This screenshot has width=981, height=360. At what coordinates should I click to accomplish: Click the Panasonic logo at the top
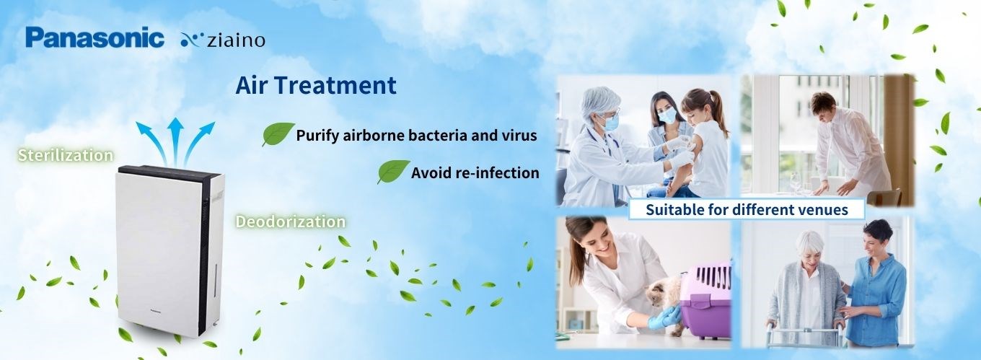tap(95, 38)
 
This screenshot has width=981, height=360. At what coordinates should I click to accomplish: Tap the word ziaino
tap(236, 40)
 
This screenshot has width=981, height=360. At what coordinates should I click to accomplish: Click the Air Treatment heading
tap(316, 85)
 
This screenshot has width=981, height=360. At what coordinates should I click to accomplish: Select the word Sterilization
tap(65, 156)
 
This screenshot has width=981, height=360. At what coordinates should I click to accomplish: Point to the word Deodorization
tap(291, 221)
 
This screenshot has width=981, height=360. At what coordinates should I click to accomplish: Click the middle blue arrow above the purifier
tap(175, 141)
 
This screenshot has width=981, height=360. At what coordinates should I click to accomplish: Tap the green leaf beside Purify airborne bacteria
tap(278, 133)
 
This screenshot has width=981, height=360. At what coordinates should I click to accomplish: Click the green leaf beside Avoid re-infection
tap(393, 171)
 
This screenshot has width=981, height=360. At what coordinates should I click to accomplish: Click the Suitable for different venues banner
tap(747, 209)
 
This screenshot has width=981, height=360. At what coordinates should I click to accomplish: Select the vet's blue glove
tap(663, 317)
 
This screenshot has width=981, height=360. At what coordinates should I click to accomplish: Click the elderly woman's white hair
tap(809, 242)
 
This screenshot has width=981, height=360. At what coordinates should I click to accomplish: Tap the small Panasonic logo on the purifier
tap(156, 311)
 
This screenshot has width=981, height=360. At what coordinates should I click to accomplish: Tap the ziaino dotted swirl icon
tap(192, 40)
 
